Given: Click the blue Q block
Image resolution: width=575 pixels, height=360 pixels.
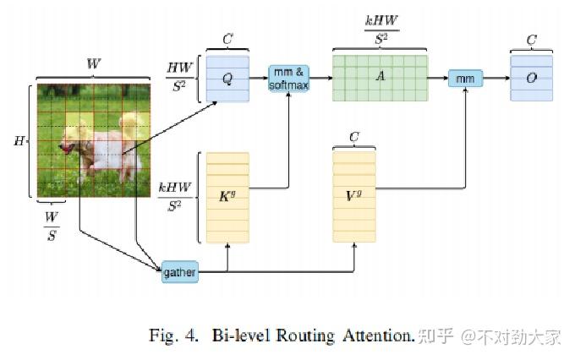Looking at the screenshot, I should (227, 78).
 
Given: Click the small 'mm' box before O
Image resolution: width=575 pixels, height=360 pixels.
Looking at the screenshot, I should (464, 79).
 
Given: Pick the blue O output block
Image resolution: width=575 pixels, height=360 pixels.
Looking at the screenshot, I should (531, 79).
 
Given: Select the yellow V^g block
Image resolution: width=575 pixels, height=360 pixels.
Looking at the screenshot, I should (354, 197).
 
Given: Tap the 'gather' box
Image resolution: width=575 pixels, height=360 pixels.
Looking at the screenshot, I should (178, 272).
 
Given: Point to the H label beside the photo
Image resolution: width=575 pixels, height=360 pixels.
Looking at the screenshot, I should (19, 140).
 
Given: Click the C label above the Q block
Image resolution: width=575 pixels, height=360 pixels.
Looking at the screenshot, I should (227, 40).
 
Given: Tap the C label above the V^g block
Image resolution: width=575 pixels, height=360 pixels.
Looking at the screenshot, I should (354, 136).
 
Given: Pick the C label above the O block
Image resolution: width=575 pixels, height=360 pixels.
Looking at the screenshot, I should (531, 40).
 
